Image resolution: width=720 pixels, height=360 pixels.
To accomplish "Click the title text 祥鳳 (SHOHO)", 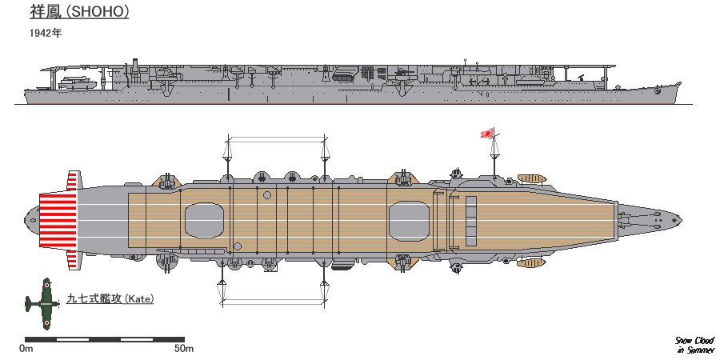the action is [77, 14].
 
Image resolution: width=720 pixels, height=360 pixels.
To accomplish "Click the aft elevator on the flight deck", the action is [205, 219].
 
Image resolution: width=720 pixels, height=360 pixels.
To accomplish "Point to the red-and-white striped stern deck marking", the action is [58, 219].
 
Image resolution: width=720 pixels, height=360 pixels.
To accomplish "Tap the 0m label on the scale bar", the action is [26, 348].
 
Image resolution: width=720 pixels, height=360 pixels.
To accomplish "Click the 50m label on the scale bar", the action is [184, 348].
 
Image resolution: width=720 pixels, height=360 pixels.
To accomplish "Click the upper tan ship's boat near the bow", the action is [530, 177].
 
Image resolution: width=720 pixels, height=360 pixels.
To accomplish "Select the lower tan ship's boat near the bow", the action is [530, 262].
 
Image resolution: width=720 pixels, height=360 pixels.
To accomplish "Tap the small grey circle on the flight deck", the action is [266, 195].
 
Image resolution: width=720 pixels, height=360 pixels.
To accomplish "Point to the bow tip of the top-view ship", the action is [682, 219].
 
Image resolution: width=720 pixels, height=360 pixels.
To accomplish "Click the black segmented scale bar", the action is [105, 338].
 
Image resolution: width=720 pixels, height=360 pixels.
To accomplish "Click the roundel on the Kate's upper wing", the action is [46, 286].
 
